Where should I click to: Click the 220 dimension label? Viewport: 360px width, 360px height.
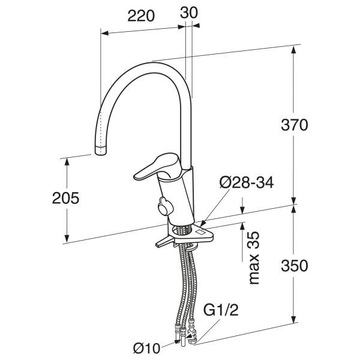[141, 16]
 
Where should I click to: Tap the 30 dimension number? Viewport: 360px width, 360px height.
[189, 13]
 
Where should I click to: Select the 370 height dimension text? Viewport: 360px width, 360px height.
[294, 125]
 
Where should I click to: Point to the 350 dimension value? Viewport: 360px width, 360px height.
[295, 266]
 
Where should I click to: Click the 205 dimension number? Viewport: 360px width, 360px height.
[65, 198]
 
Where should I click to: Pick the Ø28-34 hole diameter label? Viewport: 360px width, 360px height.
[247, 183]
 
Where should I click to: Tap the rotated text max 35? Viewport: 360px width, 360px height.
[254, 258]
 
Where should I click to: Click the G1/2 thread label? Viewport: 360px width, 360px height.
[221, 310]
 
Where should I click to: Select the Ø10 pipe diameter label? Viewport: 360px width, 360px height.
[146, 349]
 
